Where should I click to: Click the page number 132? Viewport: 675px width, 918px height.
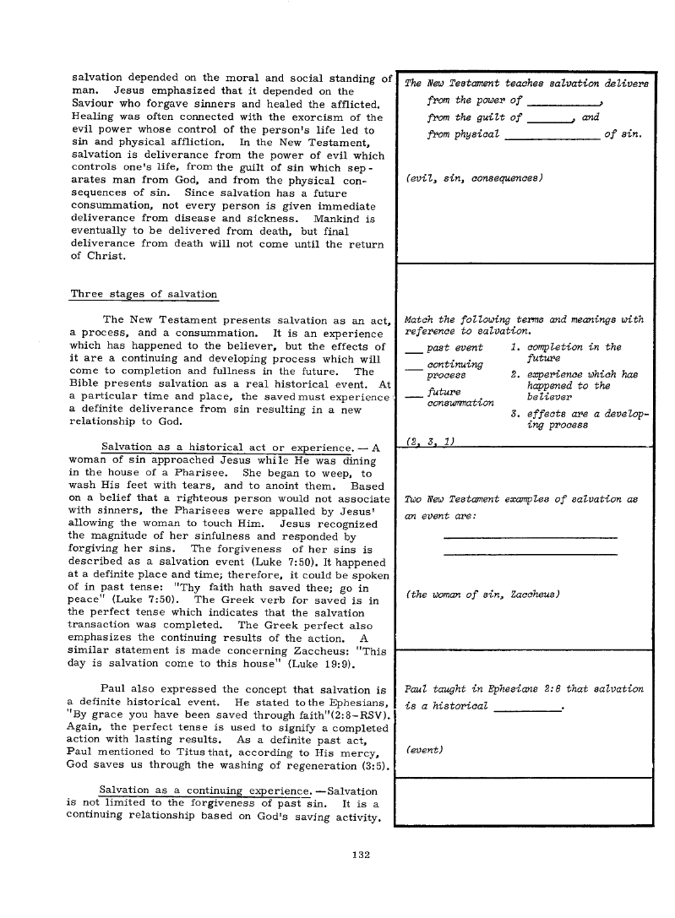pyautogui.click(x=363, y=855)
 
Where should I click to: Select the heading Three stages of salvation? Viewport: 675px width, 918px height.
pyautogui.click(x=144, y=294)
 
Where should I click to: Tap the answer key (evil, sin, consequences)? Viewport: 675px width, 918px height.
pyautogui.click(x=473, y=178)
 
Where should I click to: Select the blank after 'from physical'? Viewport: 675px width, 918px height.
pyautogui.click(x=553, y=136)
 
